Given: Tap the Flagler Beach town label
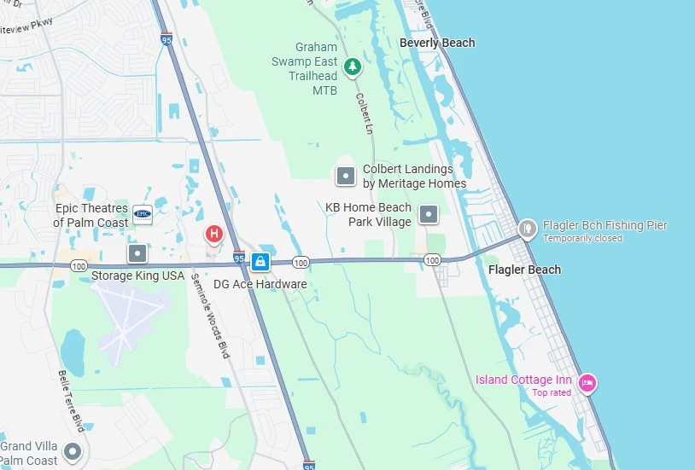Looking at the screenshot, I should [x=524, y=270].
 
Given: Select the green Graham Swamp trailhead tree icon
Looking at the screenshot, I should [x=352, y=66].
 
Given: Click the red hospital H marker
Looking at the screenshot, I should [x=214, y=233].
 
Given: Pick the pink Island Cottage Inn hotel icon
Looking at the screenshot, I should [x=587, y=383].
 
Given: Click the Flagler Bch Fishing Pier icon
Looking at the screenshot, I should [x=528, y=228].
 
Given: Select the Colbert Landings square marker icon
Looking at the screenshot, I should [x=346, y=177].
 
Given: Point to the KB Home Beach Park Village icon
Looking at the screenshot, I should [x=430, y=214].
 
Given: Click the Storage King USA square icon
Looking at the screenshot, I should [x=137, y=253].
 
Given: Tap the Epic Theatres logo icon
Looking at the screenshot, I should [x=143, y=215].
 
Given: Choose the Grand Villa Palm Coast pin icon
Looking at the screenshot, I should [x=73, y=450].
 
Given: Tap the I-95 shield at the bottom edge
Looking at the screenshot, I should [x=308, y=465].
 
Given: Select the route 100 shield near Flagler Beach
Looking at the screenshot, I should [x=432, y=259].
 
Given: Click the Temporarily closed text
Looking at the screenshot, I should [x=582, y=239].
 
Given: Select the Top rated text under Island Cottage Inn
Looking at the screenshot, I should [x=552, y=393].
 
